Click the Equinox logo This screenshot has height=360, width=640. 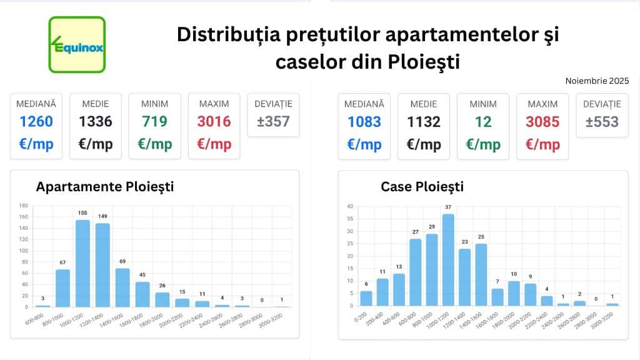[x=77, y=44]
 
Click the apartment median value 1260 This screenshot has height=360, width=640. [x=36, y=121]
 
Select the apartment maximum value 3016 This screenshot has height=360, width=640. [x=214, y=121]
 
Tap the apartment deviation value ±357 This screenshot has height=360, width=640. [x=273, y=121]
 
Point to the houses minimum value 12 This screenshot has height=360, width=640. [x=482, y=121]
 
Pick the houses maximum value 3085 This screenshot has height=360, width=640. [x=542, y=121]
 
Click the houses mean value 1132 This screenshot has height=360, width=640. [x=423, y=121]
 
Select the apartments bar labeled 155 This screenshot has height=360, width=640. [x=82, y=263]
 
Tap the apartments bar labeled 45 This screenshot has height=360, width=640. [x=142, y=294]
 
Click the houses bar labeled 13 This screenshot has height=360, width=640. [x=399, y=289]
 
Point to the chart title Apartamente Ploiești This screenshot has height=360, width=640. [x=105, y=186]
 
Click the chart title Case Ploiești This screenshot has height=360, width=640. [x=422, y=186]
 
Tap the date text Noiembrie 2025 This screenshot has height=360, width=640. [x=597, y=81]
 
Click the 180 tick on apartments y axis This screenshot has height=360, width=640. [x=23, y=205]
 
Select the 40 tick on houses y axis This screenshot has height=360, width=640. [x=350, y=206]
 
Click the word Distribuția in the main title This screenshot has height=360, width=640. [x=216, y=34]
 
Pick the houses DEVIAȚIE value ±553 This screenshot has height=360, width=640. [x=602, y=121]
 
